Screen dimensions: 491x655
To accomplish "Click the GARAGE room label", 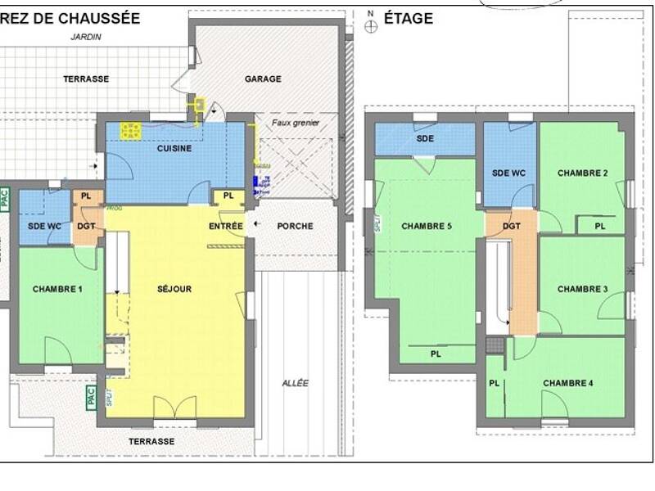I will coord(263,79).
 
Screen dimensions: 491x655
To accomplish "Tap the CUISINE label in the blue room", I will coord(174,149).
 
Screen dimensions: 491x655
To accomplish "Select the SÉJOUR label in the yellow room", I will coord(174,289).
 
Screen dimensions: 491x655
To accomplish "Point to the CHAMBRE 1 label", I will coord(57,289).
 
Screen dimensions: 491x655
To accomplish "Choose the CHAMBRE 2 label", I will coord(582,173).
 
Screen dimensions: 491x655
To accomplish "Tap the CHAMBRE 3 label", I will coord(582,289).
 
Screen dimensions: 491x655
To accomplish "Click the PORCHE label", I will coord(295,226).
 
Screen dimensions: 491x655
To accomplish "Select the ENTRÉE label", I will coord(225,226).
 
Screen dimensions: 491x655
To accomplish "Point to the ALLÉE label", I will coord(296,383).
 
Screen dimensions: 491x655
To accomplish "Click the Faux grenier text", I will coord(296,123).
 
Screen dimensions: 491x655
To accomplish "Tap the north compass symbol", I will coord(371,25).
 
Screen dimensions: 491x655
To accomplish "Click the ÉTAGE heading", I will coord(408,18).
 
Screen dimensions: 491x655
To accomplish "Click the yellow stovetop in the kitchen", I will coord(129,130).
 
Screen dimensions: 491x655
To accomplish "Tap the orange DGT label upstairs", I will coord(511,226).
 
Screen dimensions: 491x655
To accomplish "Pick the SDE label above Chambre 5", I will coord(425,138).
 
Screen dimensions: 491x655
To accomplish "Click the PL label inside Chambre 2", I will coord(599,226).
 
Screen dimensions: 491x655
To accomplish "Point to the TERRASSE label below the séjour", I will coord(151,441).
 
